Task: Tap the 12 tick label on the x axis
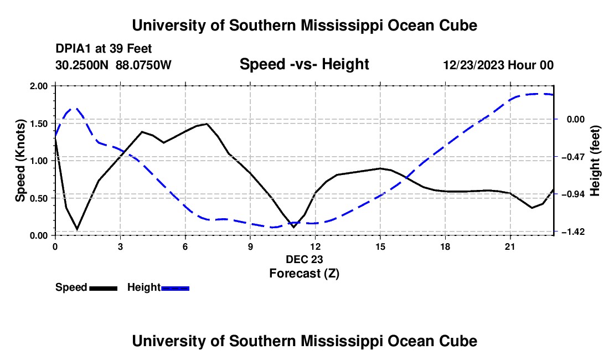coord(316,246)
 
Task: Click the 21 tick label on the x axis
coord(510,246)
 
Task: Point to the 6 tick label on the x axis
coord(185,246)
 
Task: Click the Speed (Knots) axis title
coord(20,161)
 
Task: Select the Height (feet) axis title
coord(595,161)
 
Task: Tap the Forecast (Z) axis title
coord(304,274)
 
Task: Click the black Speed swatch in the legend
coord(104,288)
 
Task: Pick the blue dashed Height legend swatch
coord(175,288)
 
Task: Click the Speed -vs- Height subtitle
coord(304,64)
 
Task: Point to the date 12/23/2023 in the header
coord(474,65)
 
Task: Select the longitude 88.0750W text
coord(143,65)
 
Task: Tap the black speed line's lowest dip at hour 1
coord(77,229)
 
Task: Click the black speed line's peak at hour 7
coord(207,124)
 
